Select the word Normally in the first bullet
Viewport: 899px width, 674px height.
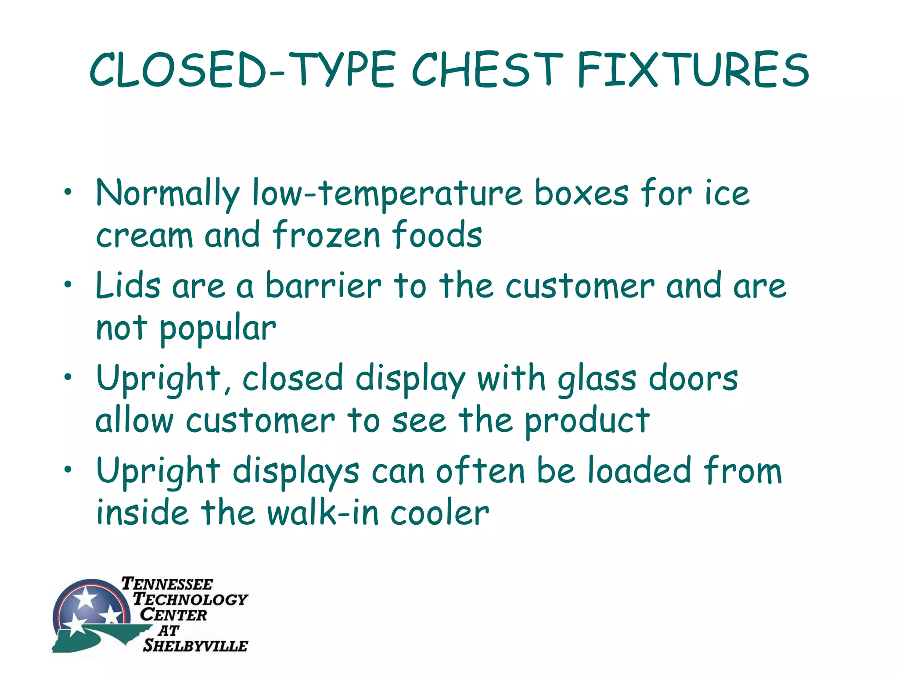coord(168,194)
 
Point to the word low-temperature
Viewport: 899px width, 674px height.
coord(387,194)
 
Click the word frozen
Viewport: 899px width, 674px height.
coord(326,235)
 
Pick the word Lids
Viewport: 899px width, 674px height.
coord(128,286)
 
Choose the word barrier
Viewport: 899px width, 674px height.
coord(324,286)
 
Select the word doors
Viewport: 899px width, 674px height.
coord(693,378)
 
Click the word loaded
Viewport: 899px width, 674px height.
coord(640,470)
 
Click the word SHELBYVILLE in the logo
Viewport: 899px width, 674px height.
coord(195,645)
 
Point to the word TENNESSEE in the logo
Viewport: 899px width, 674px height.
coord(167,584)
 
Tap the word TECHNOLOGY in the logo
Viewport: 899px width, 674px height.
coord(190,599)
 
